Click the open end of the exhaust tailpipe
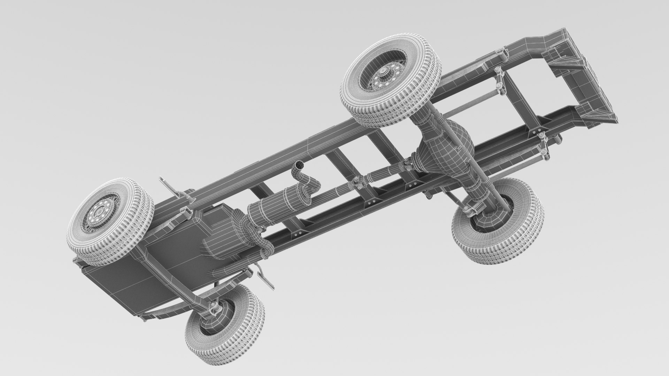click(299, 165)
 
